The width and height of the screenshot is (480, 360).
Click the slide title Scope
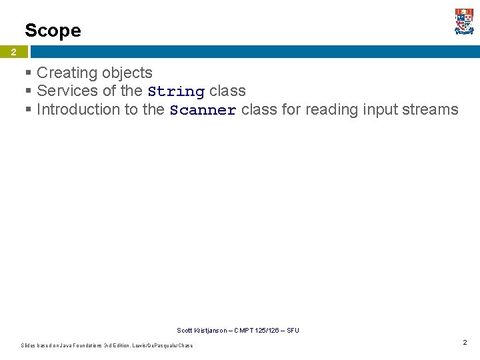(53, 31)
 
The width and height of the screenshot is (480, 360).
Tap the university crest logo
(464, 21)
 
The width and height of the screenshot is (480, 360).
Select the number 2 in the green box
(13, 52)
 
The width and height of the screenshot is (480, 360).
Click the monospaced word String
(176, 91)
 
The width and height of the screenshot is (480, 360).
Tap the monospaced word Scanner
(203, 110)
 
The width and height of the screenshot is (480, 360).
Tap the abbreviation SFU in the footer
(293, 330)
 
